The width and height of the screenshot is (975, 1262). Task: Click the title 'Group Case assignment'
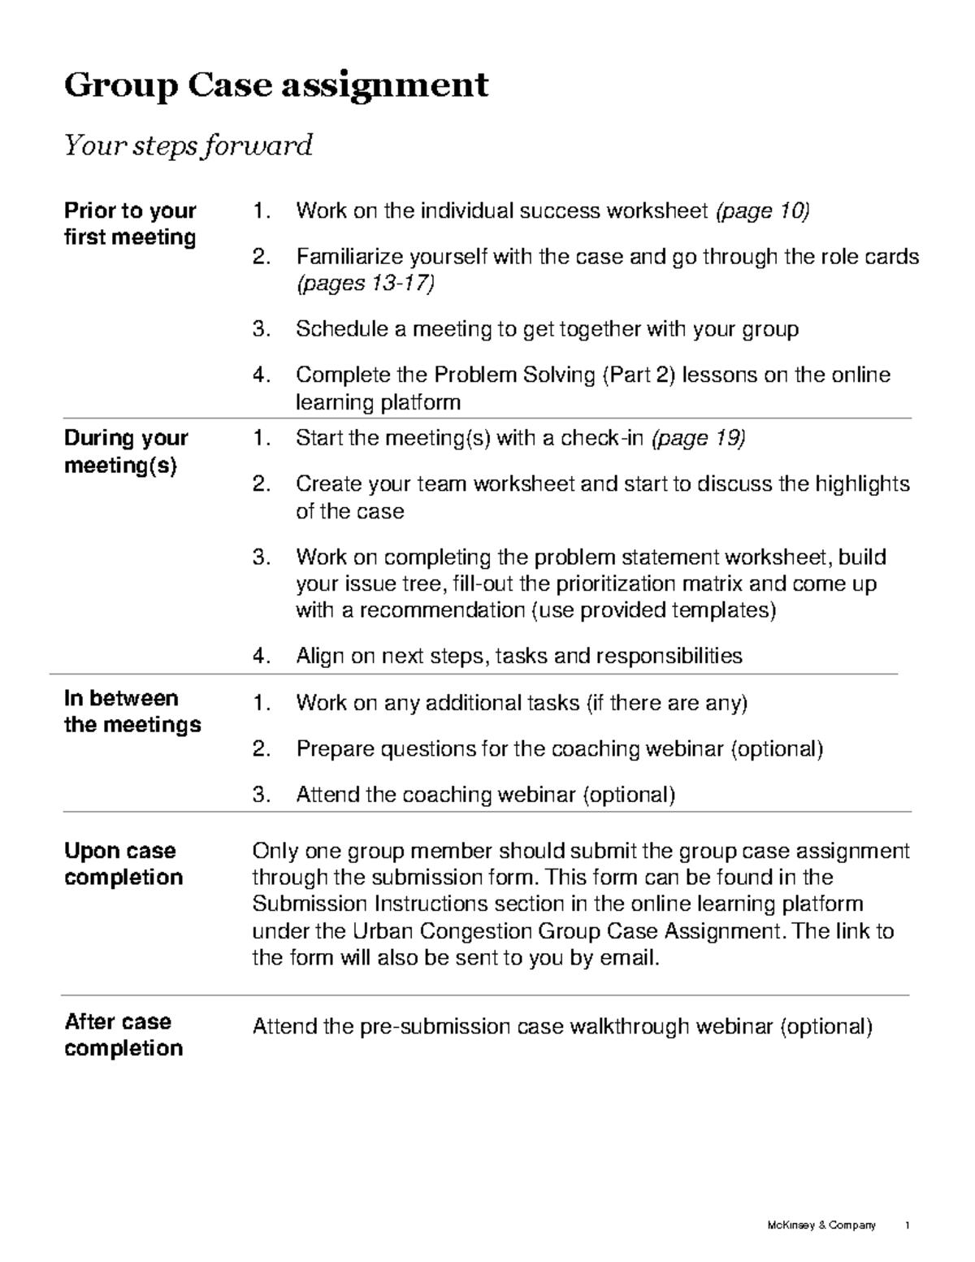coord(276,85)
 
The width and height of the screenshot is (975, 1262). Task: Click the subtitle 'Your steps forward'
coord(188,145)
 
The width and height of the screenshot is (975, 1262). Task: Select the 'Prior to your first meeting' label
coord(130,223)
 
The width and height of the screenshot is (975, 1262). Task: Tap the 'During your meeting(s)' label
coord(126,451)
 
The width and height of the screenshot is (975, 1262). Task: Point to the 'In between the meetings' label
coord(132,711)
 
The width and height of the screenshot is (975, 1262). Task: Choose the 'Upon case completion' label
coord(123,864)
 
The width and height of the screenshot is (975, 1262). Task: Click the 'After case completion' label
coord(123,1034)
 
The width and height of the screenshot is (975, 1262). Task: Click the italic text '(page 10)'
coord(762,211)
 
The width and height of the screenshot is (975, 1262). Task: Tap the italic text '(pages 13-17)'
coord(366,283)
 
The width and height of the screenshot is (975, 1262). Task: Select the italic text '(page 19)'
coord(699,439)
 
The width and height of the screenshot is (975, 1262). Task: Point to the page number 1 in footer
coord(907,1225)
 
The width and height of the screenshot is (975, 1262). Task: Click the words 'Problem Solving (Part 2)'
coord(554,375)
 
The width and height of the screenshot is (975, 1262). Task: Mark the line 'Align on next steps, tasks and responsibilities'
coord(518,656)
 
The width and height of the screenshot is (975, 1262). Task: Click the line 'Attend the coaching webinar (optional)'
coord(485,794)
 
